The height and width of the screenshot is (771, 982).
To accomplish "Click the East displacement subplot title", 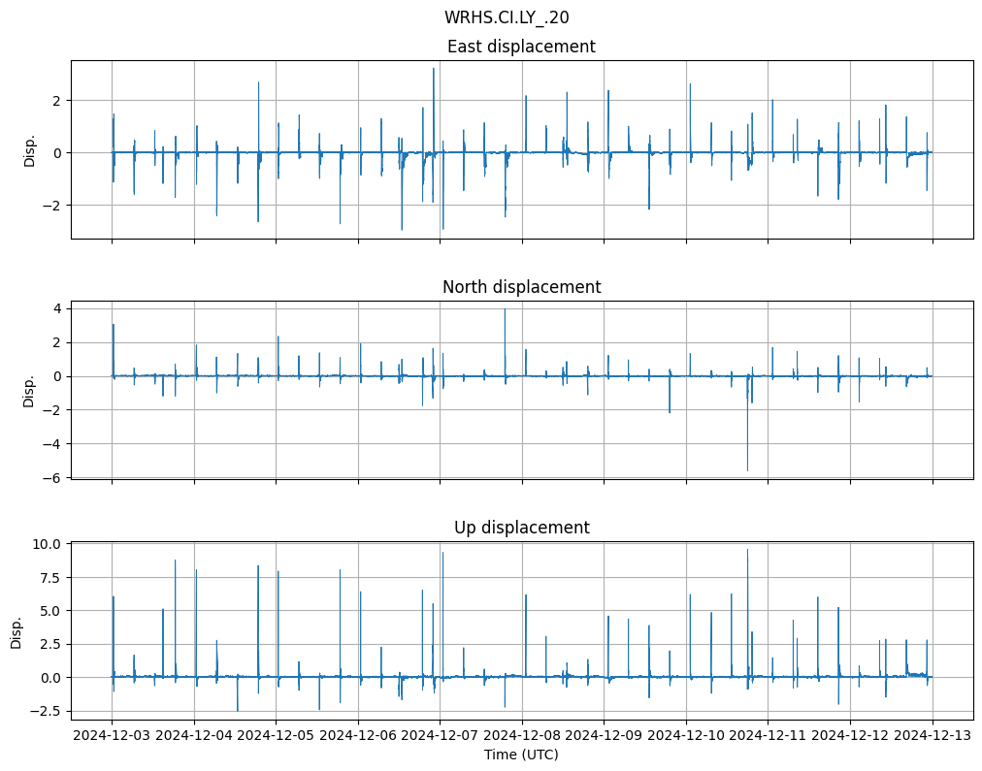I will tap(521, 47).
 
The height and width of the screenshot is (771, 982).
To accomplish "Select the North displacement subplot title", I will tap(521, 287).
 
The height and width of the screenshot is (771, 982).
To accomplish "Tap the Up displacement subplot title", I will tap(521, 528).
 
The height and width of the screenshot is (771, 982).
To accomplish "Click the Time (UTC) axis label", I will tap(521, 755).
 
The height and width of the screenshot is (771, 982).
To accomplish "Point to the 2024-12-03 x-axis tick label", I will tap(113, 736).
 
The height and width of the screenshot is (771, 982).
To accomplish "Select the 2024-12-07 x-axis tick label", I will tap(441, 736).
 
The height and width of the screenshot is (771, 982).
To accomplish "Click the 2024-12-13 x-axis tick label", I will tap(933, 736).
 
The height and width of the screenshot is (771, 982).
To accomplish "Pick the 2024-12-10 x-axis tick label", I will tap(687, 736).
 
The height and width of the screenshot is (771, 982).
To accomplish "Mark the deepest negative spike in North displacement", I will tap(747, 470).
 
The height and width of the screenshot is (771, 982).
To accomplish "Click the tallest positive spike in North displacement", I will tap(505, 309).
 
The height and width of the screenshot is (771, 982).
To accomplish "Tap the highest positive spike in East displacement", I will tap(434, 69).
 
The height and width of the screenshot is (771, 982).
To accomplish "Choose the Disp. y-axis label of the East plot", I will tap(30, 149).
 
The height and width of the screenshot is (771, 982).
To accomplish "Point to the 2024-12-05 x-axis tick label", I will tap(277, 736).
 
